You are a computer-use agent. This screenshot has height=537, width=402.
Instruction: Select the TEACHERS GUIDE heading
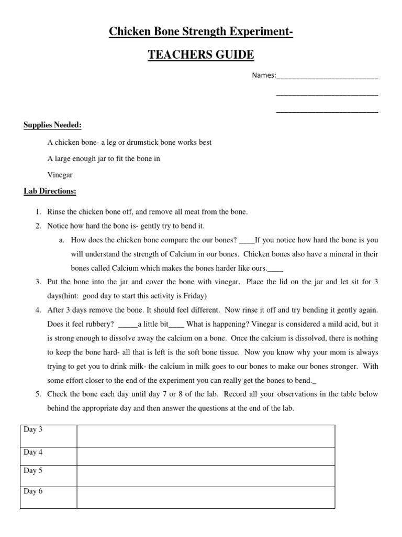pyautogui.click(x=200, y=55)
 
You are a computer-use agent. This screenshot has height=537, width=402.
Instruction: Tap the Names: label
pyautogui.click(x=264, y=76)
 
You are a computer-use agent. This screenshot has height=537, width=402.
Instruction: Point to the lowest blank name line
pyautogui.click(x=327, y=111)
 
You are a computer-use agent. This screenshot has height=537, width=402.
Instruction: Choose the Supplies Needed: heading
pyautogui.click(x=52, y=125)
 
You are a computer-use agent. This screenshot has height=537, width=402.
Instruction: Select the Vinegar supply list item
pyautogui.click(x=60, y=175)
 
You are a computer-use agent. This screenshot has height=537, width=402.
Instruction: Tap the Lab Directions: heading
pyautogui.click(x=50, y=191)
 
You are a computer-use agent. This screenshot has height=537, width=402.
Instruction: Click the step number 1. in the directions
pyautogui.click(x=39, y=212)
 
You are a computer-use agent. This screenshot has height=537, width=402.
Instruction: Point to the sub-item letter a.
pyautogui.click(x=61, y=240)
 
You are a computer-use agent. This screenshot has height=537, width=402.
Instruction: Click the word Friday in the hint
pyautogui.click(x=195, y=295)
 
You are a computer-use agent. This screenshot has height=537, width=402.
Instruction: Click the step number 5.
pyautogui.click(x=39, y=394)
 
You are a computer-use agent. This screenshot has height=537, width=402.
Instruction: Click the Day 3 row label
pyautogui.click(x=33, y=429)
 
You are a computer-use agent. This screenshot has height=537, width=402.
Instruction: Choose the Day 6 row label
pyautogui.click(x=33, y=491)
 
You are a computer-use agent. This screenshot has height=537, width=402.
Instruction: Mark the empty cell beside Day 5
pyautogui.click(x=206, y=476)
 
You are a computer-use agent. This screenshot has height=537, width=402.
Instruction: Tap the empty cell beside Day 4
pyautogui.click(x=206, y=456)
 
